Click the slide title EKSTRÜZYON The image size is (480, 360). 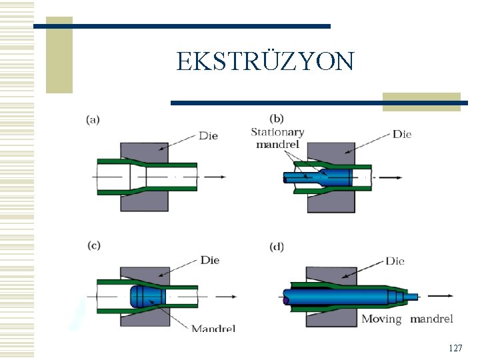(265, 61)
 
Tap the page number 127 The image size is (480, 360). (455, 348)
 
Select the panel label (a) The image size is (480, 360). (93, 120)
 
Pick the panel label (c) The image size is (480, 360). (93, 245)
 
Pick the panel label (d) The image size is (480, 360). (277, 247)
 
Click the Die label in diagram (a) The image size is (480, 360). (208, 136)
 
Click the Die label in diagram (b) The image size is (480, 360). (402, 134)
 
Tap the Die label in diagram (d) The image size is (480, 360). (395, 261)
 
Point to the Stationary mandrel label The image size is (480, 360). (277, 138)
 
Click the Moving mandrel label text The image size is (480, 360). (407, 319)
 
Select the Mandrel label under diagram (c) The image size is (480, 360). (213, 328)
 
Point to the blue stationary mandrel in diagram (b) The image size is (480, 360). (333, 178)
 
